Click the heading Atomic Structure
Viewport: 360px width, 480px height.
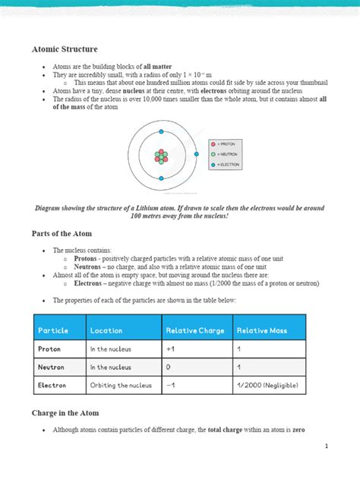tap(65, 49)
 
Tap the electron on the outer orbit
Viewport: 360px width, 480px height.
tap(196, 154)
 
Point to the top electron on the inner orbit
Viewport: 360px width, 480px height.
tap(161, 137)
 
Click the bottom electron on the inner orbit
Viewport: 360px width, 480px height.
tap(161, 176)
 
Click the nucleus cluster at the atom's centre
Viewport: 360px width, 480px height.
tap(161, 156)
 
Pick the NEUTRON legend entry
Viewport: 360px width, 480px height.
tap(227, 153)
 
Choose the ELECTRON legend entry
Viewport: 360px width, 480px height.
tap(227, 163)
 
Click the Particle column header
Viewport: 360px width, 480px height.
tap(53, 330)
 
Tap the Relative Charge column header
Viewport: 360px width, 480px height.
tap(194, 330)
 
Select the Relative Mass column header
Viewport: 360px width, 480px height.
tap(263, 330)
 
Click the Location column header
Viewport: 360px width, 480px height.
tap(106, 330)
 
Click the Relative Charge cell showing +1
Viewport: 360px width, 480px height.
tap(169, 349)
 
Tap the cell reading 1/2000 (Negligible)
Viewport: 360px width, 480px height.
tap(267, 386)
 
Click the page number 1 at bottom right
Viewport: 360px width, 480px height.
tap(326, 446)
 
